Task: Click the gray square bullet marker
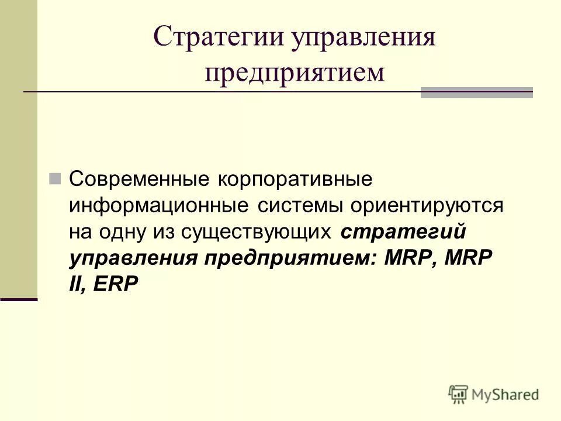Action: point(56,179)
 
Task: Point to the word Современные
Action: point(138,180)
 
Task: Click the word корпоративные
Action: point(295,180)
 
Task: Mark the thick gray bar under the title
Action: point(477,93)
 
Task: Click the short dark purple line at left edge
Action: point(19,299)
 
